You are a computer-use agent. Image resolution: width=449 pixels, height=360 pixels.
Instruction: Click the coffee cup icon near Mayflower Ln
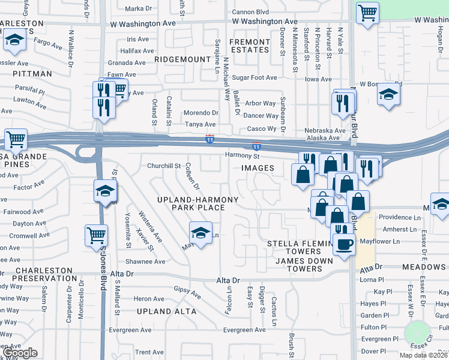[x=344, y=244]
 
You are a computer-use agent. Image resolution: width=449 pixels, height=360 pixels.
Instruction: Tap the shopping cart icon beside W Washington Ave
[x=367, y=12]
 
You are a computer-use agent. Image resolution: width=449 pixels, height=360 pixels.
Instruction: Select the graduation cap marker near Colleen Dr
[x=200, y=232]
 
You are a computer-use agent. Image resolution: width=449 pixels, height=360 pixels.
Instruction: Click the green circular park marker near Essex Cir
[x=415, y=332]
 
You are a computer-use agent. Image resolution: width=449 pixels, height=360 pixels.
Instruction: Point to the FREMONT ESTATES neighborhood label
[x=250, y=46]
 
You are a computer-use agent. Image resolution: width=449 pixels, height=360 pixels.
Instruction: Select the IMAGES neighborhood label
[x=258, y=168]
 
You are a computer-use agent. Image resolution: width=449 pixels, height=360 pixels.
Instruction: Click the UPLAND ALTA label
[x=166, y=311]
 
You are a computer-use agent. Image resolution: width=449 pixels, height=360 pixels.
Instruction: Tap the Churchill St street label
[x=164, y=166]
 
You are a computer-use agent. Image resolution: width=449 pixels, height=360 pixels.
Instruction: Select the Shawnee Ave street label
[x=145, y=262]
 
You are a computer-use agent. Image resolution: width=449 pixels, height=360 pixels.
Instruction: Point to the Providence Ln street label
[x=399, y=217]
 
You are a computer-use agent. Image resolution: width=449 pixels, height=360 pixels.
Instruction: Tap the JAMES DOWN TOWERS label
[x=298, y=265]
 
